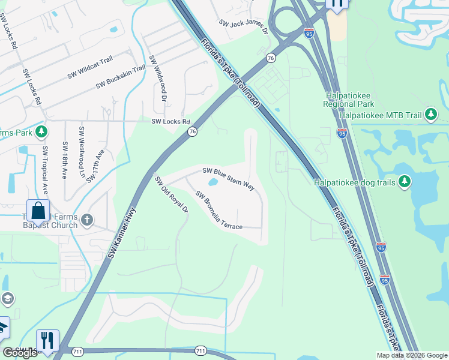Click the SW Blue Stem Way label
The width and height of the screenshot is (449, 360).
click(229, 178)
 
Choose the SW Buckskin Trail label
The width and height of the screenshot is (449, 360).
click(121, 76)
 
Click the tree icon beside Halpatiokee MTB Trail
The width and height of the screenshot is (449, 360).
click(430, 114)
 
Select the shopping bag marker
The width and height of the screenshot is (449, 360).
click(38, 211)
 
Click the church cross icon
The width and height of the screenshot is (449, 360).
click(87, 221)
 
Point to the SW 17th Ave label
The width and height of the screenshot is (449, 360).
click(95, 166)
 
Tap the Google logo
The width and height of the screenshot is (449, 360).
click(20, 353)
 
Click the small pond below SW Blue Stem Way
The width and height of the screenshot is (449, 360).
click(212, 182)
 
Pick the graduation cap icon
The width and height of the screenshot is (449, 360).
click(7, 298)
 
